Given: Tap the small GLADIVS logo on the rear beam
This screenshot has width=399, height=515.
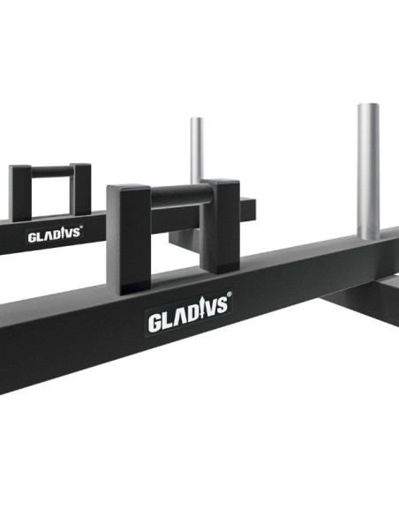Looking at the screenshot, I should click(54, 235).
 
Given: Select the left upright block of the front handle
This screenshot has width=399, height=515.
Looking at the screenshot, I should click(126, 238).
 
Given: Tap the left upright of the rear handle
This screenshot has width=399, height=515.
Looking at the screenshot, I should click(21, 190).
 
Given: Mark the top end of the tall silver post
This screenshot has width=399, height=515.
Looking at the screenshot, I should click(369, 108).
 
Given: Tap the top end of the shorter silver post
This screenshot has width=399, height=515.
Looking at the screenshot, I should click(197, 120).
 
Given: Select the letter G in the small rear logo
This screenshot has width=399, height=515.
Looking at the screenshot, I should click(32, 238).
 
